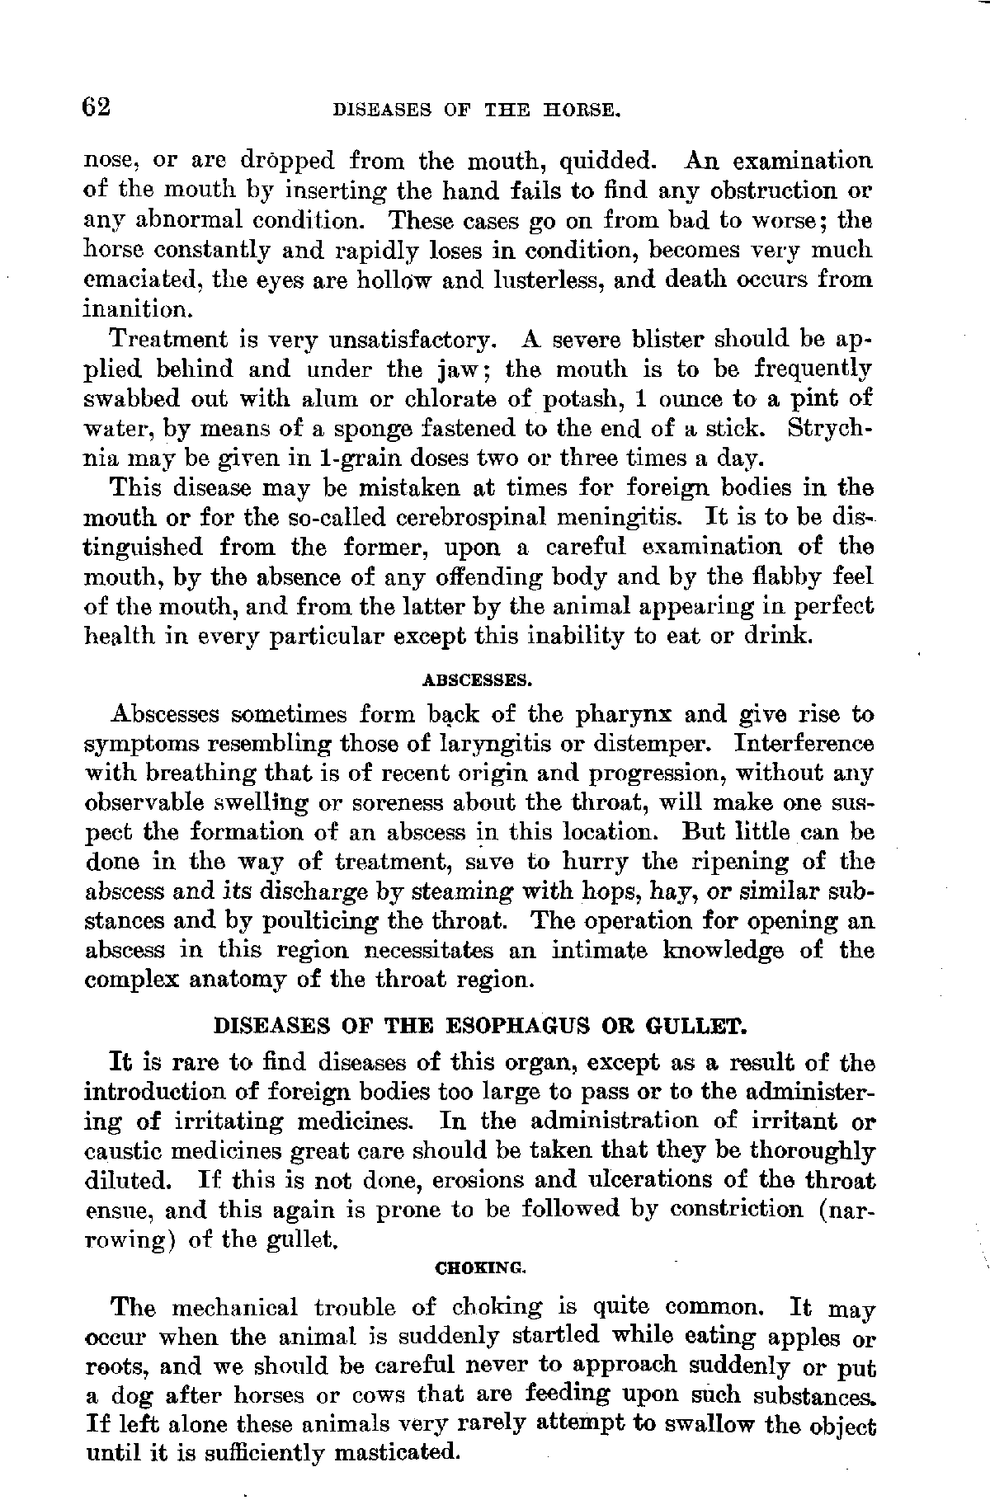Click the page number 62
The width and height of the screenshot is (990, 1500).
[x=97, y=107]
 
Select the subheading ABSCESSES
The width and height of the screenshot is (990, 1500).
[x=476, y=680]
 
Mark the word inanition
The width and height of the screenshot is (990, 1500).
[x=139, y=309]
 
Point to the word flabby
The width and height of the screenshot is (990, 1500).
[x=785, y=577]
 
